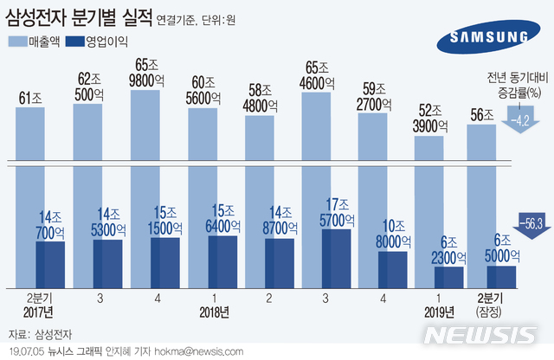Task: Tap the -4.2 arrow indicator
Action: click(519, 119)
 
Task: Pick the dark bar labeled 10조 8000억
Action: click(393, 269)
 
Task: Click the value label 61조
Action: click(30, 98)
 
